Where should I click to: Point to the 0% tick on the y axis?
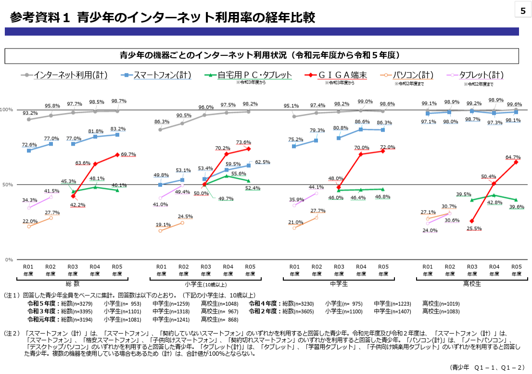pos(9,260)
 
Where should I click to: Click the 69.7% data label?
pos(128,154)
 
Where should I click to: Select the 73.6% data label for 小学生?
pos(243,142)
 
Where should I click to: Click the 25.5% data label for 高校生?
pos(474,228)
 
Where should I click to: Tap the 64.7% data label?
pos(513,157)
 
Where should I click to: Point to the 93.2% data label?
pos(30,113)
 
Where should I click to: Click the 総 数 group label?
pos(73,284)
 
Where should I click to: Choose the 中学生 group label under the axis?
pos(339,284)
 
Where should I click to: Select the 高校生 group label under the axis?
pos(472,284)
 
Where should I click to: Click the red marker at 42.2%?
pos(73,196)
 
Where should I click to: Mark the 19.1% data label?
pos(163,224)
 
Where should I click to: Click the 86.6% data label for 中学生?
pos(362,122)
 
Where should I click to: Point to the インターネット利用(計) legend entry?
pos(64,75)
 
